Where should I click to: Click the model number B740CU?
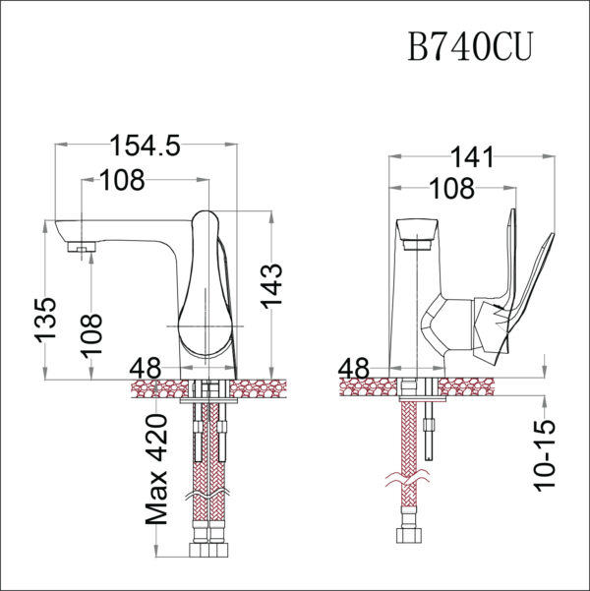pos(470,46)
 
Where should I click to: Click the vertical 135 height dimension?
pos(47,320)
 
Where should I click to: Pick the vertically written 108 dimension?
pos(91,335)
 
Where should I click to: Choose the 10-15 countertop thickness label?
pos(548,453)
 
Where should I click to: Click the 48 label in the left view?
pos(145,368)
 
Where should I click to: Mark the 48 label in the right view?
pos(354,369)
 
